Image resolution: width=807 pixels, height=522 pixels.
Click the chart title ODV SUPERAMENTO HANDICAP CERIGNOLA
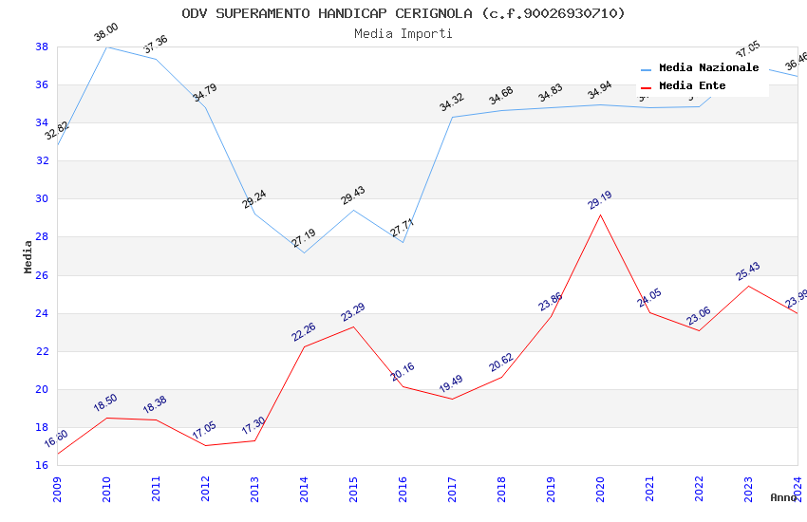tap(403, 13)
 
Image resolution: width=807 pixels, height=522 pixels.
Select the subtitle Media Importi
tap(403, 33)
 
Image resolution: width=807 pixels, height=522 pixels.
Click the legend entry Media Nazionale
tap(708, 67)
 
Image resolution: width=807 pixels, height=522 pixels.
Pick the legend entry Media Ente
tap(692, 85)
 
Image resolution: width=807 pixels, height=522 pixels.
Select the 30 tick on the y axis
tap(42, 199)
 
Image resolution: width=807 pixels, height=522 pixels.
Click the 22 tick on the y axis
tap(42, 351)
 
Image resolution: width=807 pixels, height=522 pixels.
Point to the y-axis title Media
tap(28, 256)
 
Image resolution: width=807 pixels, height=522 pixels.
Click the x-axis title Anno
tap(783, 497)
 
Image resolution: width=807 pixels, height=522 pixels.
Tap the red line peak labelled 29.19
tap(600, 214)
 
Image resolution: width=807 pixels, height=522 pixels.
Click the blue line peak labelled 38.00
tap(106, 47)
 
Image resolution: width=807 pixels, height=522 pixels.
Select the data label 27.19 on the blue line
tap(304, 238)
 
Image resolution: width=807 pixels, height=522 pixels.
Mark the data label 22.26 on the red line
tap(304, 331)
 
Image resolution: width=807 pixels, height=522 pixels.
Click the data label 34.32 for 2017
tap(452, 102)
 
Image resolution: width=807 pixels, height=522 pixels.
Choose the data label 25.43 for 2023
tap(748, 271)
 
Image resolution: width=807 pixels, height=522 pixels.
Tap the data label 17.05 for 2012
tap(205, 431)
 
